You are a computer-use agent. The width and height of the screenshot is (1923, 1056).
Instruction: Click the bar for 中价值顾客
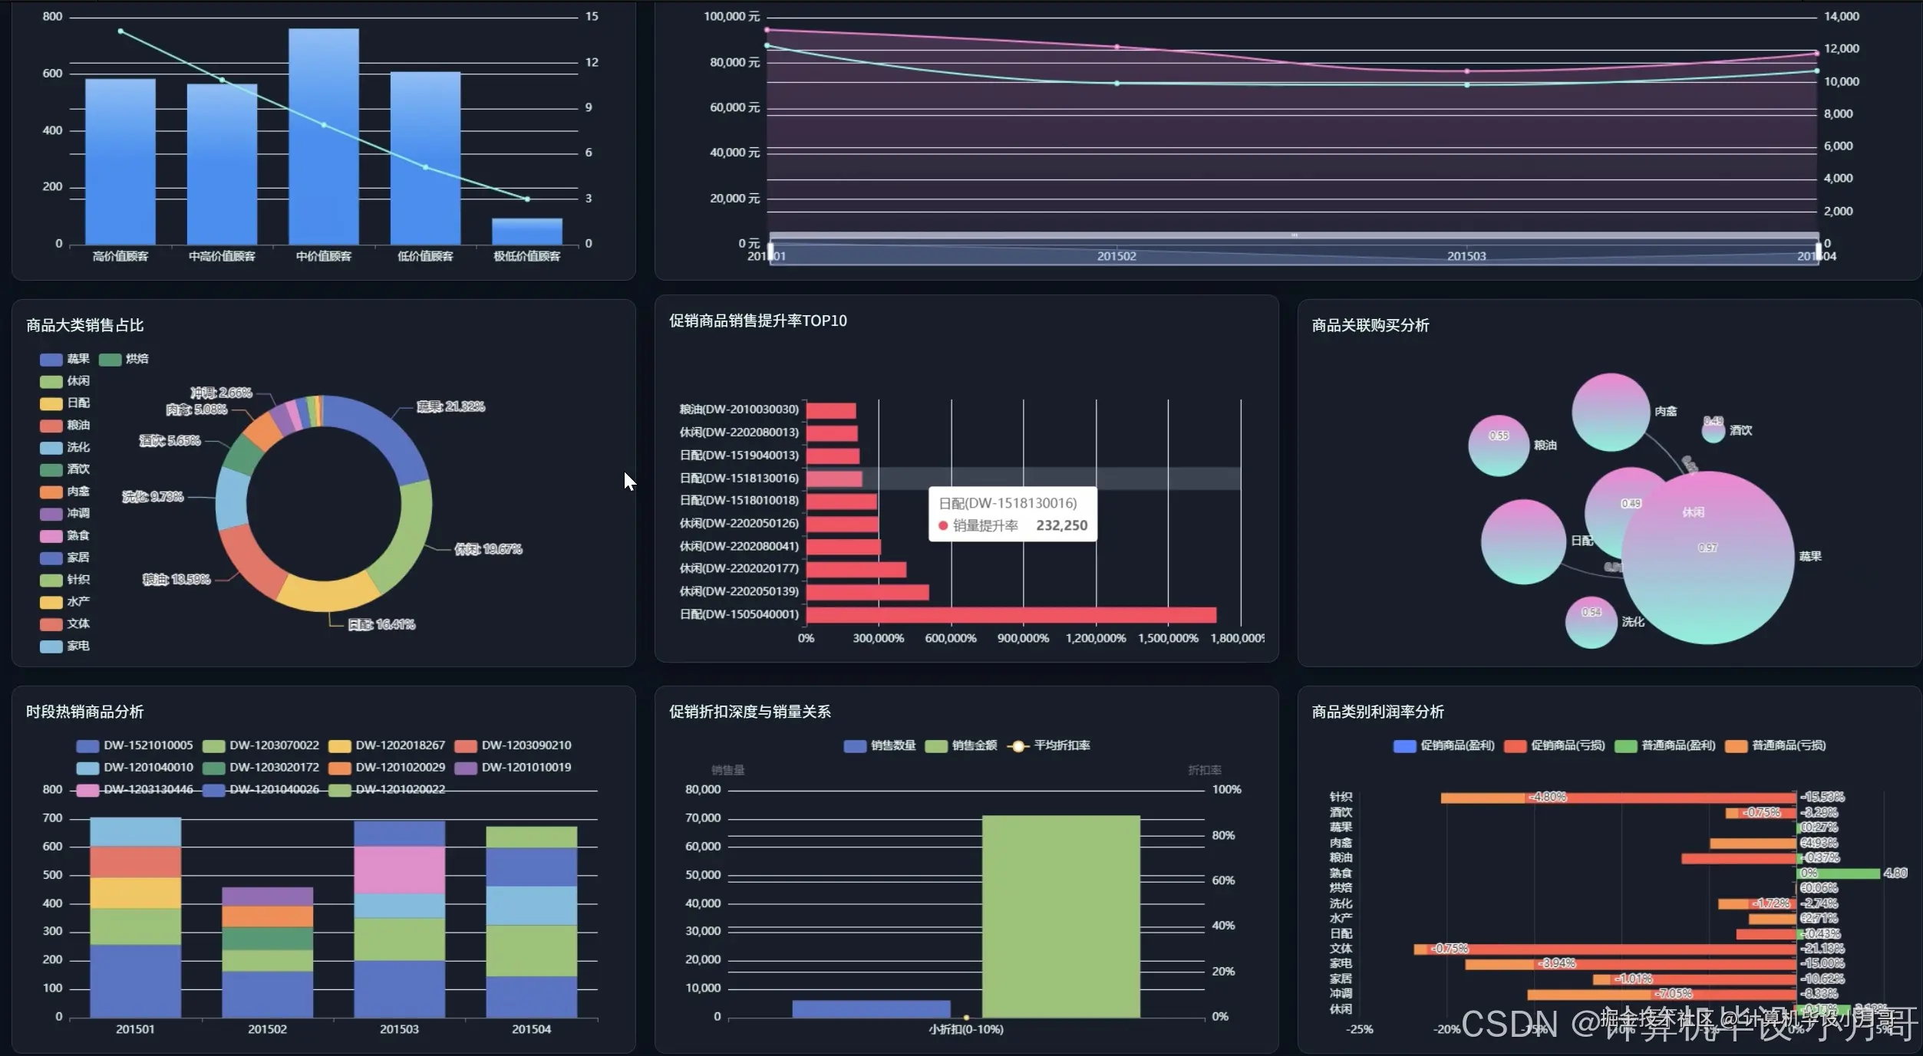pos(323,138)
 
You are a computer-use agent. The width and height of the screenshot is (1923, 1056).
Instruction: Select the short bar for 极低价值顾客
pos(526,231)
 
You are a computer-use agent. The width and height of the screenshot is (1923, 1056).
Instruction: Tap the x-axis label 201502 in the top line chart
pos(1116,256)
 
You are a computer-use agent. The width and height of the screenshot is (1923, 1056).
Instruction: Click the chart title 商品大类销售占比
pos(84,325)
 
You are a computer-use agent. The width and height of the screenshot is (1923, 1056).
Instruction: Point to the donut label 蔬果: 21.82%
pos(450,406)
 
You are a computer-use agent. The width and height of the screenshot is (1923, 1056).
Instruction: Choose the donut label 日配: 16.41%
pos(381,624)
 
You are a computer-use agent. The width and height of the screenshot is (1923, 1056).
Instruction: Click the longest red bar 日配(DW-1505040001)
pos(1011,615)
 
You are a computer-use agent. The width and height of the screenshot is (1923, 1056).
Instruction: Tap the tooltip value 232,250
pos(1061,525)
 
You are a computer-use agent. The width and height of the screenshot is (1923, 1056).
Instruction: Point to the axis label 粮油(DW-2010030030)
pos(739,410)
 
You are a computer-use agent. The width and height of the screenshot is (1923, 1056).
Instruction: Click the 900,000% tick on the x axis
pos(1022,638)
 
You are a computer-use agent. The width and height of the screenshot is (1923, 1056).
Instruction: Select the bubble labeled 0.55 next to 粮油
pos(1498,445)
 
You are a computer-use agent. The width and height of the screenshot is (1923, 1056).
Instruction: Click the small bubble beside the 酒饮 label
pos(1713,430)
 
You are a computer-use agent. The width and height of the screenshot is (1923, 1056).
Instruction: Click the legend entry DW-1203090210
pos(513,745)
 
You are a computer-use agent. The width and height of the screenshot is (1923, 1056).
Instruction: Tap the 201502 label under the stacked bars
pos(267,1029)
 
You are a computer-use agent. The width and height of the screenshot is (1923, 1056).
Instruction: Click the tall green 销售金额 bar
pos(1060,916)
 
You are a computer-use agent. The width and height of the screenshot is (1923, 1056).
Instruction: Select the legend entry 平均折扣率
pos(1051,745)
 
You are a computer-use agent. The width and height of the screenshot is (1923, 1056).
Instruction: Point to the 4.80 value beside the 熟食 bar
pos(1895,873)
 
